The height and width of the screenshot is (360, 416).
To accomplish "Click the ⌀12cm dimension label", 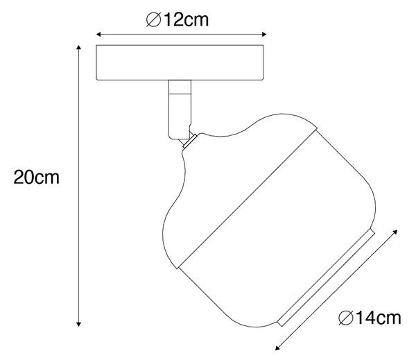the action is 177,19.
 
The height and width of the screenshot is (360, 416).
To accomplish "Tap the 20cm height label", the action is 37,177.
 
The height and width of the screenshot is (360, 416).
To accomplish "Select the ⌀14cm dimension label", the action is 370,318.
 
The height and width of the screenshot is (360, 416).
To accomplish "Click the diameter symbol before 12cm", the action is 153,20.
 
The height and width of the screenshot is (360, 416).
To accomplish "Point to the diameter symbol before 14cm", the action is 346,318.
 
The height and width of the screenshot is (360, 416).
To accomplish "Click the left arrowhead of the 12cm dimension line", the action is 98,34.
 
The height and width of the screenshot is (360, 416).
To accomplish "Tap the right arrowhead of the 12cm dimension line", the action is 264,34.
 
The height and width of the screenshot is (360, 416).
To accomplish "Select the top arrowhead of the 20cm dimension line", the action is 78,48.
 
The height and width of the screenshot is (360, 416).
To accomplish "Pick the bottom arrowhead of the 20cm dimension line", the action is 78,324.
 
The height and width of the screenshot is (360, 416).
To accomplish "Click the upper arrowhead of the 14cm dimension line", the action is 395,232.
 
